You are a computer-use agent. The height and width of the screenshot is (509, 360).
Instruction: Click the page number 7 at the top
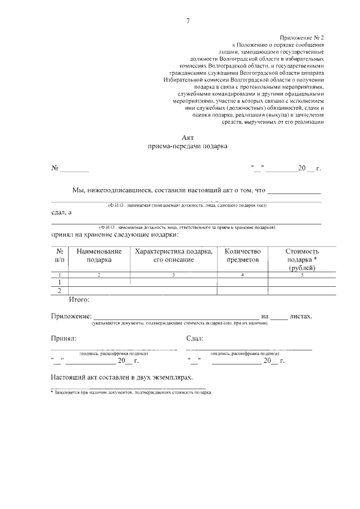point(188,21)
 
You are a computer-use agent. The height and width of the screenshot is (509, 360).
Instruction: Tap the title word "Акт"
point(188,137)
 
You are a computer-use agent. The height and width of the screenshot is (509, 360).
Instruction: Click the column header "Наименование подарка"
point(99,255)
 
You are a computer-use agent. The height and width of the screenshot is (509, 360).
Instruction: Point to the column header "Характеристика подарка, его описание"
point(173,255)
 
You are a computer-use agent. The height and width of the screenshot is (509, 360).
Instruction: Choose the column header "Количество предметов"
point(242,255)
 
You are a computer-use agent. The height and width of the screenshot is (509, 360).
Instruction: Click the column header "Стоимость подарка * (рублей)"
point(302,259)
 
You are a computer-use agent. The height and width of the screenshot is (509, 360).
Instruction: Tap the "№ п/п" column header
point(60,255)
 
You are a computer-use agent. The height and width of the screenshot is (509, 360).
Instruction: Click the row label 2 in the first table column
point(60,290)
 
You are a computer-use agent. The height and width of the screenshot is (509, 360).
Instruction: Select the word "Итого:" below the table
point(79,300)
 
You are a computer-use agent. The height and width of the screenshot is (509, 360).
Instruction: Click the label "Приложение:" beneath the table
point(70,316)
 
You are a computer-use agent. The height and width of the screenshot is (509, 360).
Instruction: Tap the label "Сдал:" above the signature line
point(195,339)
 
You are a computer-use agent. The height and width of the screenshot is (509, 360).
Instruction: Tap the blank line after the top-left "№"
point(75,169)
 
